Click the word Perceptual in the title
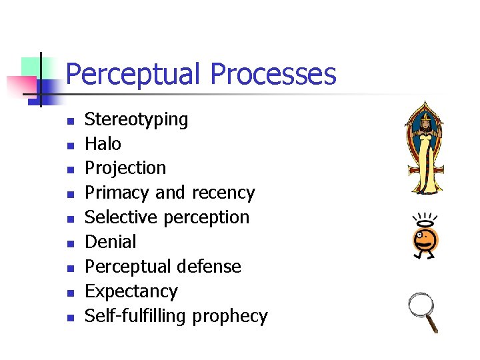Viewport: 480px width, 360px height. pyautogui.click(x=134, y=75)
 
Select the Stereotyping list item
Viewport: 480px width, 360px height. pyautogui.click(x=137, y=120)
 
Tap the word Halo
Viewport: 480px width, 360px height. pyautogui.click(x=103, y=144)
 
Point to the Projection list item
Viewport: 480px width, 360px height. pyautogui.click(x=125, y=168)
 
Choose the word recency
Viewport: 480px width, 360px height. pyautogui.click(x=223, y=193)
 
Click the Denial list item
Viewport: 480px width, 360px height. pyautogui.click(x=111, y=242)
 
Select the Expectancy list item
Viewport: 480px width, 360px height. pyautogui.click(x=131, y=291)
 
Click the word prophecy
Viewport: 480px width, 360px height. pyautogui.click(x=230, y=316)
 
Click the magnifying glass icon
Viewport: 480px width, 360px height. pyautogui.click(x=424, y=311)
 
